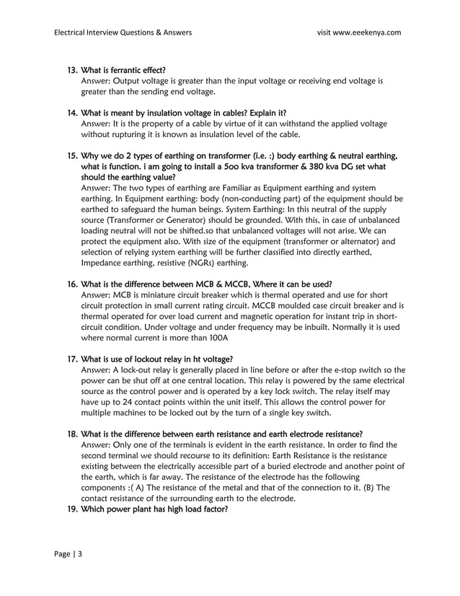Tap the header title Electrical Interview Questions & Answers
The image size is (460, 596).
(x=123, y=32)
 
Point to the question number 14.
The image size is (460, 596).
(x=72, y=113)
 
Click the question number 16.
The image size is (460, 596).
(x=72, y=284)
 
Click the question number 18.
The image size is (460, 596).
(x=72, y=434)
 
